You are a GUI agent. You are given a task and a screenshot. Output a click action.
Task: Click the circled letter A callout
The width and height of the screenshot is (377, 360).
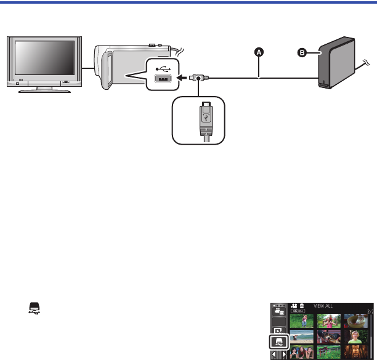(x=259, y=52)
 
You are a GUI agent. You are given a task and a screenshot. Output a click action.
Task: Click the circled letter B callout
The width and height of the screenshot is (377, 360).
(x=303, y=52)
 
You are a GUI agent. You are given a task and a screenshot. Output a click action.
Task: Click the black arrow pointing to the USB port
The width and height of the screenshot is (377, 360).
(x=184, y=78)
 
